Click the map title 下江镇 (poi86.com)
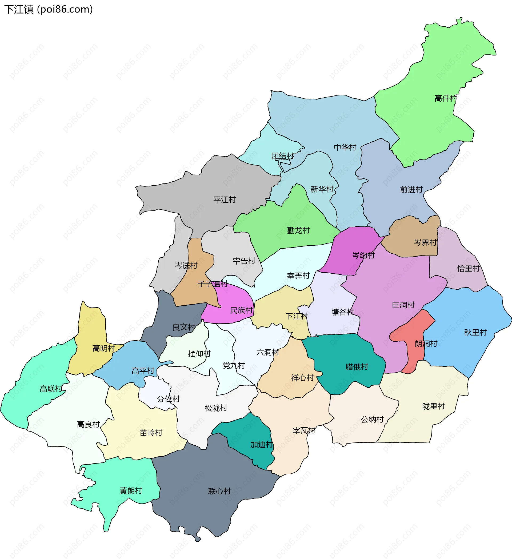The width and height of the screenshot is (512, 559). pos(49,9)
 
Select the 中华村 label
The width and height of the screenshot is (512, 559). pos(345,147)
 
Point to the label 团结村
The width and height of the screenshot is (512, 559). pos(282,156)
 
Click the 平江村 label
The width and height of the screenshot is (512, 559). pos(225,200)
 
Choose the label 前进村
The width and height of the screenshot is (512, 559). pos(411,190)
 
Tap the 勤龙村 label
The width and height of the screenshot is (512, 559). pos(298,230)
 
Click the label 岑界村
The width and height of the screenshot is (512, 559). pos(425,243)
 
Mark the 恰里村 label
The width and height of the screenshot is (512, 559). pos(468,268)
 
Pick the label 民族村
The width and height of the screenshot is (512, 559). pos(241,310)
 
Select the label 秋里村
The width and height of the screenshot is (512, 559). pos(475,333)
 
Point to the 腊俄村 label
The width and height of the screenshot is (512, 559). pos(357,367)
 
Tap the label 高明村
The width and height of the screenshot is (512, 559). pos(104,348)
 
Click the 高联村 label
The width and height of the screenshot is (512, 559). pos(51,389)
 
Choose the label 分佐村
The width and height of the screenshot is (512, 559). pos(168,399)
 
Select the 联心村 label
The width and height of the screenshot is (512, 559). pos(219,491)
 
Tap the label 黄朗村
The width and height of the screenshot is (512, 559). pos(131,490)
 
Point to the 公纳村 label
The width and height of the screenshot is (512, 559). pos(372,420)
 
